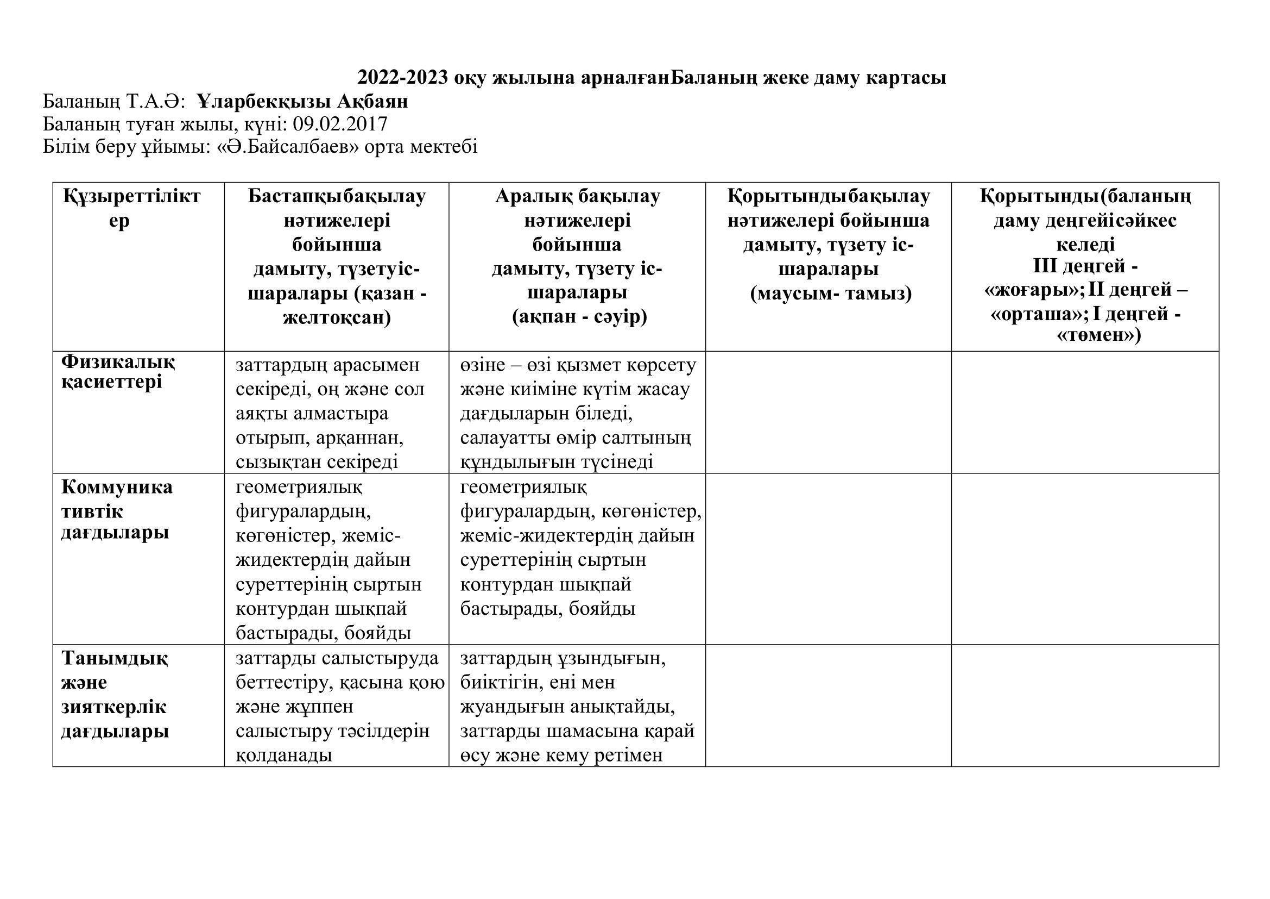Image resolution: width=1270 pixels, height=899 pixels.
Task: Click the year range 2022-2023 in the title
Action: coord(402,78)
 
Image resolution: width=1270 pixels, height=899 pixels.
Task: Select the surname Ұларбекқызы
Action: coord(263,101)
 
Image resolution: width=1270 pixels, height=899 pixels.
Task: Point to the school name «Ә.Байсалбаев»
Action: coord(288,147)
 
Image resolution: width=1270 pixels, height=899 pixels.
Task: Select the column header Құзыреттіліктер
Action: coord(131,208)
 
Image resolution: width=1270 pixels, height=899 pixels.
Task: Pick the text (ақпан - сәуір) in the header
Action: coord(579,317)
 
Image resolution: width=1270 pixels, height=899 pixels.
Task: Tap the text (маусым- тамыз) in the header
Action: coord(830,294)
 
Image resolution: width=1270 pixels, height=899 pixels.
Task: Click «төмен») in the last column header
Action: coord(1098,335)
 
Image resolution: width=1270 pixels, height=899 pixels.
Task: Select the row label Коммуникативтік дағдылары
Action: coord(116,510)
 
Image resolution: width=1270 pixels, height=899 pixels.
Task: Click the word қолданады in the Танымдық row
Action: coord(284,755)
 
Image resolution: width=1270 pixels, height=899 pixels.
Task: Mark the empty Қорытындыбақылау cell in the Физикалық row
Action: coord(828,412)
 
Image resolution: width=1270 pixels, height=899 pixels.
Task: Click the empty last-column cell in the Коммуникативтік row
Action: coord(1084,559)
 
